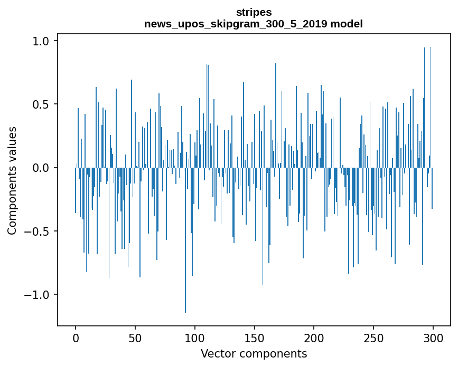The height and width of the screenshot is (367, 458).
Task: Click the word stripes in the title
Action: pyautogui.click(x=254, y=12)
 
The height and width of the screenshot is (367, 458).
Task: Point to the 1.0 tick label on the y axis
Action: pyautogui.click(x=42, y=41)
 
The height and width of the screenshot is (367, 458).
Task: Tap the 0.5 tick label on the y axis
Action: pyautogui.click(x=42, y=104)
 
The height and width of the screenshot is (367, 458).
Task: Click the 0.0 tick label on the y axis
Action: pyautogui.click(x=42, y=168)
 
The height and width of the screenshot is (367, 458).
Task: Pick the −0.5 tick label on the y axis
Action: pyautogui.click(x=39, y=231)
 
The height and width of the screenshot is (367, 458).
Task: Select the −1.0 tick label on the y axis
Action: pyautogui.click(x=39, y=295)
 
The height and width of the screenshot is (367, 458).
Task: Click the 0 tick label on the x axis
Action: pyautogui.click(x=76, y=337)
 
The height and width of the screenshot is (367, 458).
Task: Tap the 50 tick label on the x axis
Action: pyautogui.click(x=135, y=337)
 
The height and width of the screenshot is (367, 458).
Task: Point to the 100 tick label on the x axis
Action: pyautogui.click(x=195, y=337)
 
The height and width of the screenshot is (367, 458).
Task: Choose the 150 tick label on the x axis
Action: pyautogui.click(x=254, y=337)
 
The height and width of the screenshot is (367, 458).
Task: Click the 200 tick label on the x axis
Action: pyautogui.click(x=314, y=337)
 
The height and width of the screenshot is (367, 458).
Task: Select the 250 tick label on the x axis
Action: pyautogui.click(x=373, y=337)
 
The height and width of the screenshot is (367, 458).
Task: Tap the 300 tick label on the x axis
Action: pyautogui.click(x=433, y=337)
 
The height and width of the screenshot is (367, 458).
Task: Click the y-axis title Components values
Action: pyautogui.click(x=12, y=180)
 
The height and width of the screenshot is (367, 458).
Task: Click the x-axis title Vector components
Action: pyautogui.click(x=254, y=353)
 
